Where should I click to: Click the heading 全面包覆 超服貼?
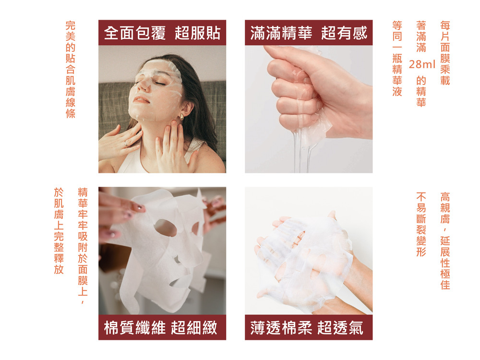click(x=162, y=33)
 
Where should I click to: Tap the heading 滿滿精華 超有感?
click(x=309, y=33)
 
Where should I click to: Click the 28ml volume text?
click(x=422, y=64)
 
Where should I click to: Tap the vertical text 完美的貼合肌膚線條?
click(x=71, y=70)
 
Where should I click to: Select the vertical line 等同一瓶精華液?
click(x=397, y=59)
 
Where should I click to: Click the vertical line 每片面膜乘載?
click(x=445, y=53)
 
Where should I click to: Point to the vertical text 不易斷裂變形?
click(x=421, y=224)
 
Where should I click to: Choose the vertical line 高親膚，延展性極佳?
click(x=445, y=241)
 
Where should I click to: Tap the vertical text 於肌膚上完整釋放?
click(x=59, y=231)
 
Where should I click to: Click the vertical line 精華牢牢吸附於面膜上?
click(x=83, y=246)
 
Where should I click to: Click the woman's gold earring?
click(x=181, y=117)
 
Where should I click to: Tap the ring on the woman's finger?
click(x=125, y=143)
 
